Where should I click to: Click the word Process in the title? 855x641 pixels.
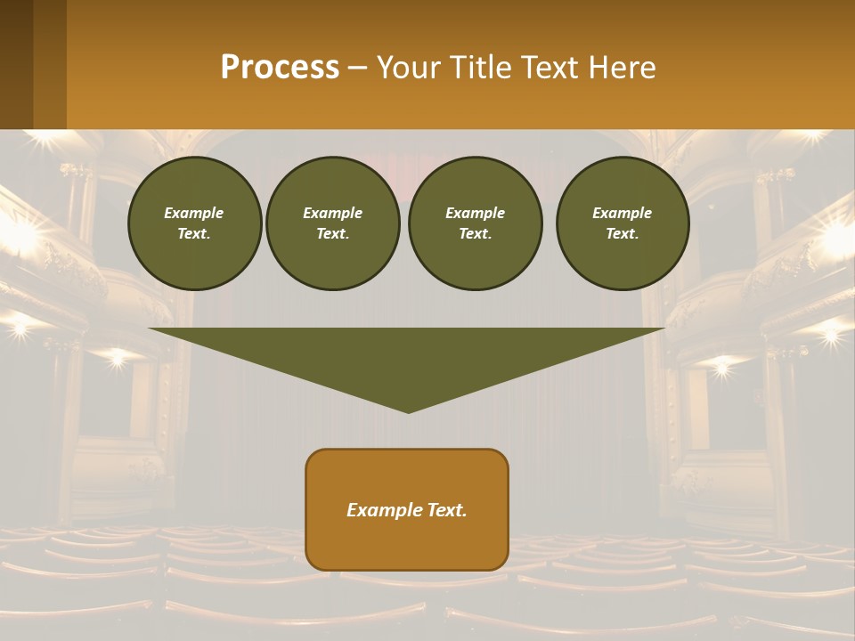coord(280,68)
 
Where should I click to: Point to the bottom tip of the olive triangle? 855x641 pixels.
coord(408,411)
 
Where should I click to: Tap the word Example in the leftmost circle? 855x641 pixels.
coord(194,213)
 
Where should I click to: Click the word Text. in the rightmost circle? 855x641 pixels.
coord(622,234)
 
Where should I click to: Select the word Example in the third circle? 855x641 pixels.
coord(475,213)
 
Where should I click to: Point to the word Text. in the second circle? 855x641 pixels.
coord(332,234)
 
